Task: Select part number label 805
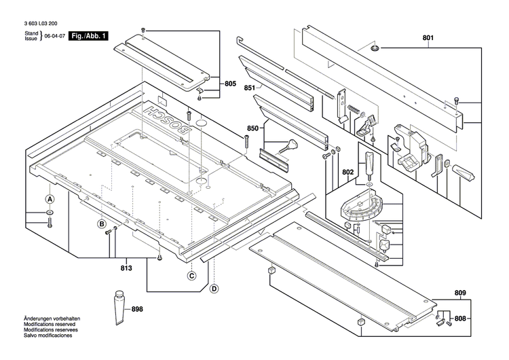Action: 231,84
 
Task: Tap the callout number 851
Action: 231,88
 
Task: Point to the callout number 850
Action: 234,128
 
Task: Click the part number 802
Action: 347,172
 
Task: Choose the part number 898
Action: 138,309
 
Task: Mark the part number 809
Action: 461,293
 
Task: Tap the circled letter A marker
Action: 50,200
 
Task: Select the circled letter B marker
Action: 101,223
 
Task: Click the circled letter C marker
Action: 192,275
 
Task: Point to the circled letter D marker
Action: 214,288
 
